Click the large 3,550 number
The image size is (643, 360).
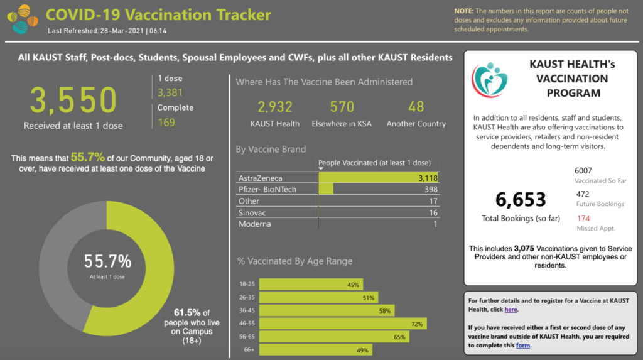click(73, 100)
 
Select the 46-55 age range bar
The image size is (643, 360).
click(342, 324)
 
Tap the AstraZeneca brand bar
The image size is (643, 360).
click(377, 178)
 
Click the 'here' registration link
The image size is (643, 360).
click(511, 309)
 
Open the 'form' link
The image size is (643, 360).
click(522, 345)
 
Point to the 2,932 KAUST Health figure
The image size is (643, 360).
click(275, 107)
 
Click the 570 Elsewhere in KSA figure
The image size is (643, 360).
click(342, 107)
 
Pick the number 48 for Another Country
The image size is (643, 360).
click(416, 107)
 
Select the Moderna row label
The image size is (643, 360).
click(255, 224)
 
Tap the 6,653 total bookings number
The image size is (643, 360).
click(521, 200)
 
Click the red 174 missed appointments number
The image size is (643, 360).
click(583, 219)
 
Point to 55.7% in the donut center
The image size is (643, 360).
click(108, 261)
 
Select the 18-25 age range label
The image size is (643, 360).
click(247, 284)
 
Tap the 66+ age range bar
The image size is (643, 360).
click(316, 350)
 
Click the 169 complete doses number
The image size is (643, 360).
click(166, 122)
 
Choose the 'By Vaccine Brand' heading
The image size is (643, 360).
click(271, 150)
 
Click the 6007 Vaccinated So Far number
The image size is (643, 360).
click(583, 171)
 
